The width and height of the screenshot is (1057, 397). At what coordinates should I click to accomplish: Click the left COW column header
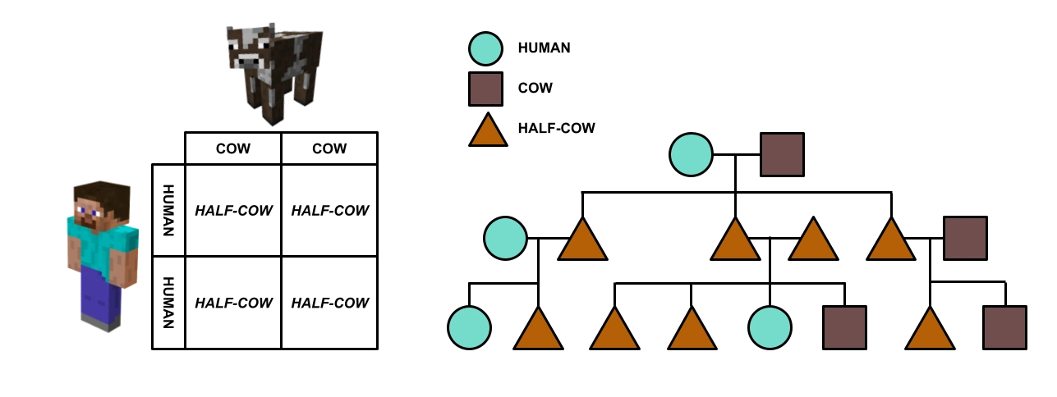pyautogui.click(x=233, y=148)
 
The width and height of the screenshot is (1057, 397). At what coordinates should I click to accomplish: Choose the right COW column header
pyautogui.click(x=329, y=148)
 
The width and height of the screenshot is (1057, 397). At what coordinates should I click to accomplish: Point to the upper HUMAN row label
pyautogui.click(x=169, y=210)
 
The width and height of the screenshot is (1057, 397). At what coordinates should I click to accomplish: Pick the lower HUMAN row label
pyautogui.click(x=169, y=303)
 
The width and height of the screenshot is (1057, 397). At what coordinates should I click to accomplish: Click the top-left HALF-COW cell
pyautogui.click(x=233, y=210)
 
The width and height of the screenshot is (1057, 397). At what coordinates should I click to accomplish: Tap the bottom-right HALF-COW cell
pyautogui.click(x=329, y=303)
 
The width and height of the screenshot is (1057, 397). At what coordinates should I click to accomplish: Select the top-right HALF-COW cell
pyautogui.click(x=329, y=210)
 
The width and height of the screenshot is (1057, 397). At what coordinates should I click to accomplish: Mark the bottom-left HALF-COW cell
pyautogui.click(x=233, y=303)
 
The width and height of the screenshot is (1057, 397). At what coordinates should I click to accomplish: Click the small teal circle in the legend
pyautogui.click(x=485, y=49)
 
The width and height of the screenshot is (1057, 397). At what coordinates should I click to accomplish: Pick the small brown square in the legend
pyautogui.click(x=485, y=89)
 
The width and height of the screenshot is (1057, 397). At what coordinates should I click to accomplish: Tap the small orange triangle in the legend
pyautogui.click(x=488, y=131)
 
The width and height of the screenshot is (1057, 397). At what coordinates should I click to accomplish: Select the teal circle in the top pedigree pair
pyautogui.click(x=691, y=154)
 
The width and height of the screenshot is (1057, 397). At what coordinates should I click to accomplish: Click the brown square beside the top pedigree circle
pyautogui.click(x=782, y=154)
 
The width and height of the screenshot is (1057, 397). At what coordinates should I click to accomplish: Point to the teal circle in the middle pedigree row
pyautogui.click(x=505, y=239)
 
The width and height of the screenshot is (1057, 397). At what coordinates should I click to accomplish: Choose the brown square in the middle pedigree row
pyautogui.click(x=965, y=239)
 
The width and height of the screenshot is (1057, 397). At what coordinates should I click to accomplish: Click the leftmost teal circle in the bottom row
pyautogui.click(x=469, y=327)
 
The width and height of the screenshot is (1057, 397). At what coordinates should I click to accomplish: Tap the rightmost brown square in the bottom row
pyautogui.click(x=1004, y=327)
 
